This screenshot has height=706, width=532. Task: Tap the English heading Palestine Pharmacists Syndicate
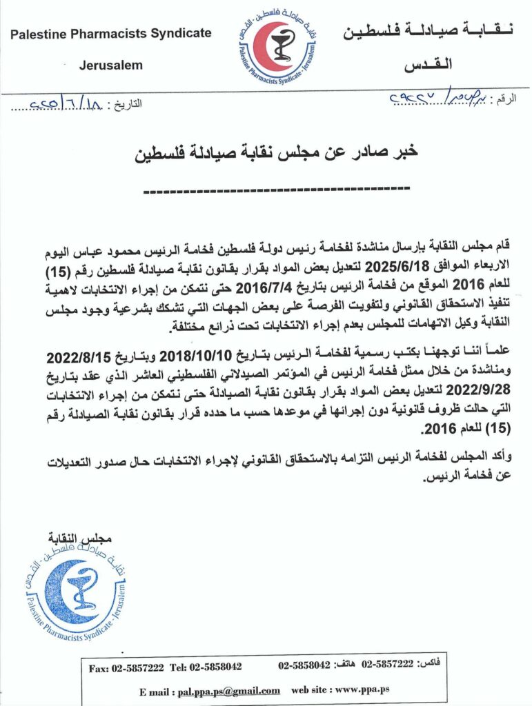coord(111,33)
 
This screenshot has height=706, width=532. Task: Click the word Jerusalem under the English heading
coord(111,65)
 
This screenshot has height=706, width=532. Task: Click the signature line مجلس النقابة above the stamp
coord(80,537)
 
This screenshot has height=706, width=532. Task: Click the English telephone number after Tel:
coord(215,667)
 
